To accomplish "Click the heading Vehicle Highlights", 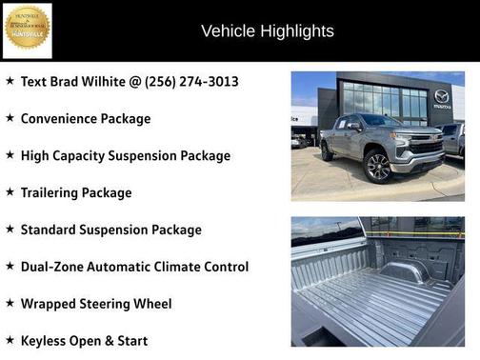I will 267,31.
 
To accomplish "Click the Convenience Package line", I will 86,119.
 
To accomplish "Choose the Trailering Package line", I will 76,192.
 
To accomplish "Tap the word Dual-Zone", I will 52,267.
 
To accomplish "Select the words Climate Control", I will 204,267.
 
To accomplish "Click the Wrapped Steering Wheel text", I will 96,304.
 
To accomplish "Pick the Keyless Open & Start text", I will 84,340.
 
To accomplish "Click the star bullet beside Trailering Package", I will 10,191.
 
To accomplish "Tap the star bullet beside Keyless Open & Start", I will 10,339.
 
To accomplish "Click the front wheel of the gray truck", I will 379,168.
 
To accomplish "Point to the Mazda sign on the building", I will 441,97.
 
